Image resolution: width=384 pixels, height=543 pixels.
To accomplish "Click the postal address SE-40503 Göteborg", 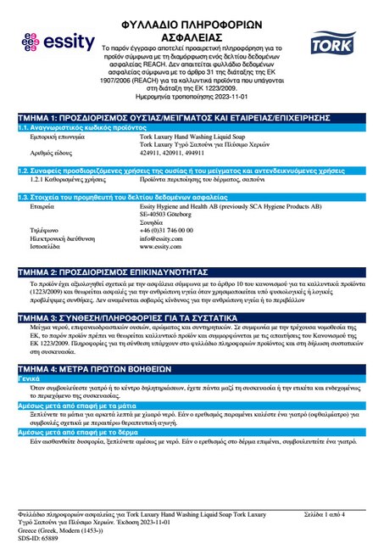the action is [x=169, y=190].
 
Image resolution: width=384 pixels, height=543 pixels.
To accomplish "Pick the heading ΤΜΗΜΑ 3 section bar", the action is [x=192, y=316].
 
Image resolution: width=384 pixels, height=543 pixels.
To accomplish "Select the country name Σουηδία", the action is [x=153, y=198].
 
